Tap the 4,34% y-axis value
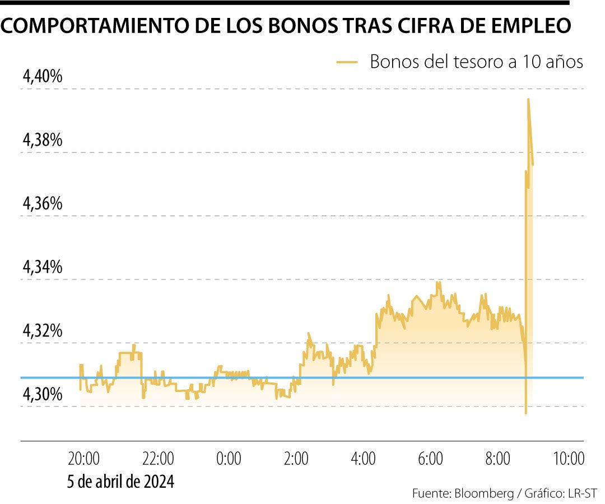pyautogui.click(x=42, y=268)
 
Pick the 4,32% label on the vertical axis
pyautogui.click(x=42, y=332)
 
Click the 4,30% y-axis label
pyautogui.click(x=42, y=395)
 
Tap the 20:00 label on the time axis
pyautogui.click(x=85, y=459)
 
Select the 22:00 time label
pyautogui.click(x=158, y=459)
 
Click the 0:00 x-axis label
pyautogui.click(x=229, y=459)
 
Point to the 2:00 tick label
pyautogui.click(x=296, y=459)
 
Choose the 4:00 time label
pyautogui.click(x=363, y=459)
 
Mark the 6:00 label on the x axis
pyautogui.click(x=430, y=459)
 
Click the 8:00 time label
pyautogui.click(x=497, y=459)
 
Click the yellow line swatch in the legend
pyautogui.click(x=347, y=62)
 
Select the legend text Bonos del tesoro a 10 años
pyautogui.click(x=477, y=62)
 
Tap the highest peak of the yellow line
pyautogui.click(x=528, y=99)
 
